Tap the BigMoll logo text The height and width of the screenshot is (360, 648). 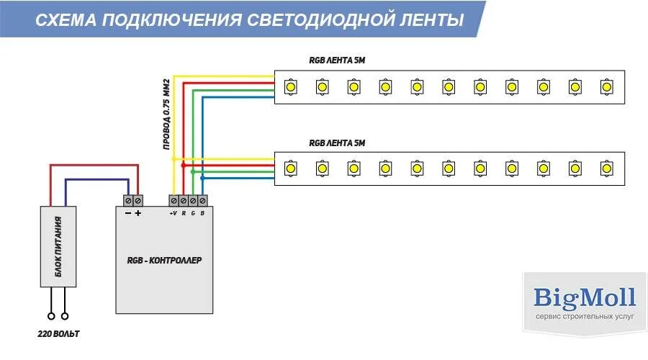click(x=585, y=297)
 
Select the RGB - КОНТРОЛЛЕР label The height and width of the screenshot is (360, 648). click(x=165, y=259)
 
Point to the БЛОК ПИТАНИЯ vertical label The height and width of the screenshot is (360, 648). click(x=58, y=246)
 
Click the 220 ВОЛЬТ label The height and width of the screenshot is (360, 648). click(x=58, y=335)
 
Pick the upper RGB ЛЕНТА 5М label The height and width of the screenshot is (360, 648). click(x=337, y=60)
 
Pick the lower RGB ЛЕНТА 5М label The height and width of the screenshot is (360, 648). click(x=337, y=143)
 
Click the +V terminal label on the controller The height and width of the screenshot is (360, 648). click(x=173, y=213)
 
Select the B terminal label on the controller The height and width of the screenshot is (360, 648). click(x=202, y=213)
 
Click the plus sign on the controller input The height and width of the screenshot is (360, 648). click(x=138, y=213)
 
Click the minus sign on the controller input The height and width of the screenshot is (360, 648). click(x=127, y=213)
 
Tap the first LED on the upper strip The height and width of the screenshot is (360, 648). click(x=290, y=86)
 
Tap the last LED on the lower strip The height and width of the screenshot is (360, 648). click(x=606, y=168)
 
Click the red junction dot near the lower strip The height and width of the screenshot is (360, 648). click(x=184, y=165)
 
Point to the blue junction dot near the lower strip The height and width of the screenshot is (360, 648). click(x=203, y=176)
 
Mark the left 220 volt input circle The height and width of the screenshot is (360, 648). click(x=51, y=315)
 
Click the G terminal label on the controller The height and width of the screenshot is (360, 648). click(x=193, y=213)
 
